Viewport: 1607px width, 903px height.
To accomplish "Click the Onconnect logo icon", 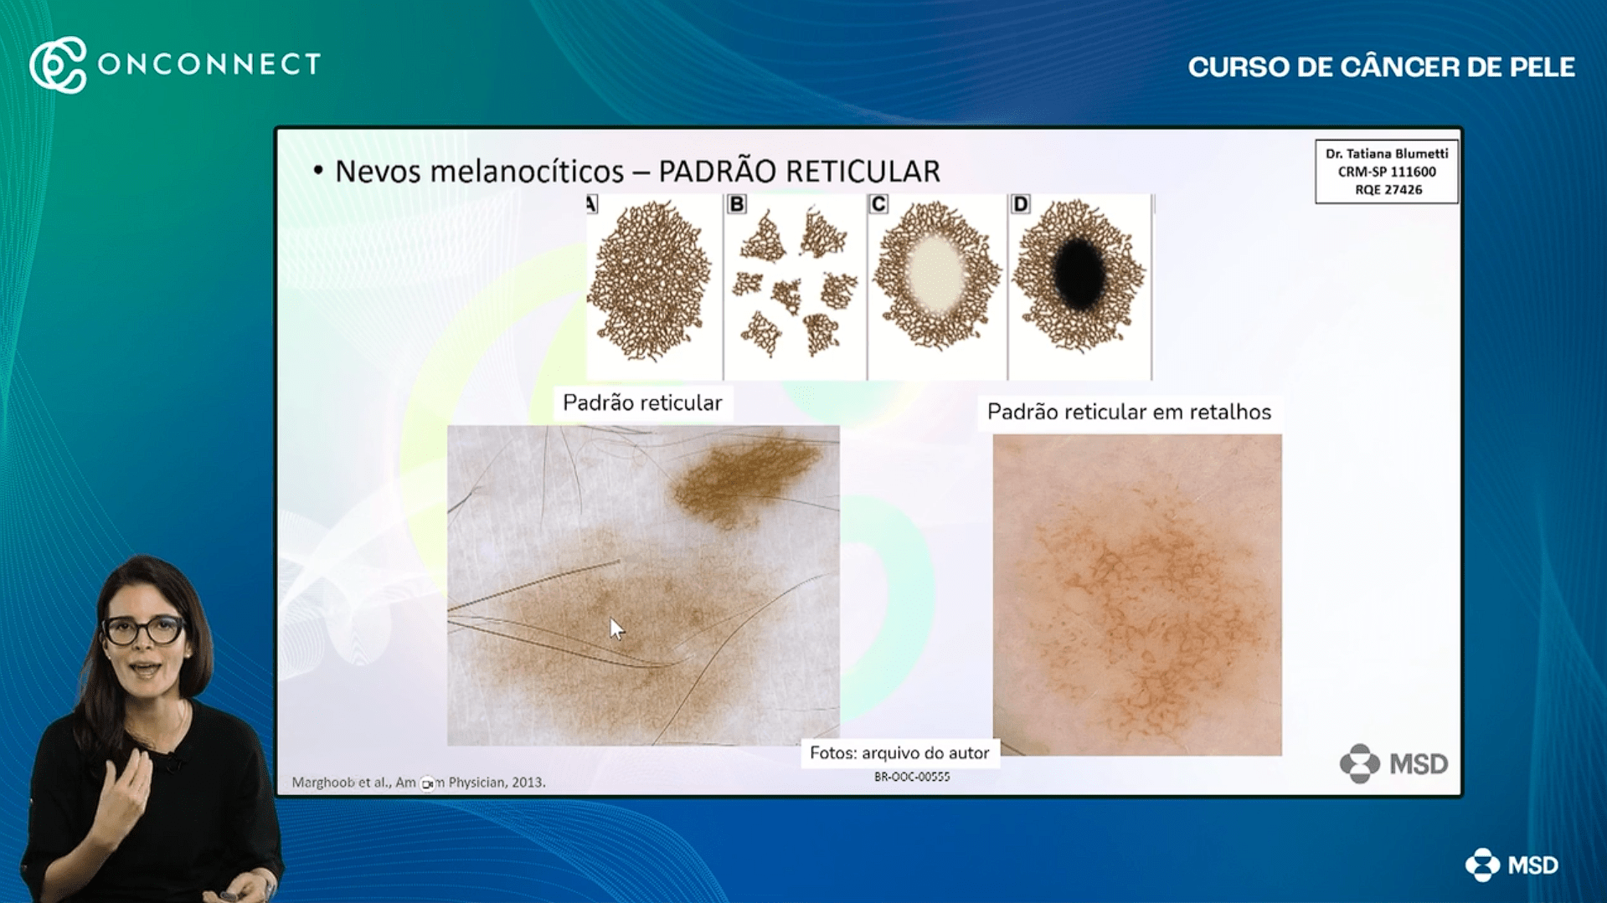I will point(58,64).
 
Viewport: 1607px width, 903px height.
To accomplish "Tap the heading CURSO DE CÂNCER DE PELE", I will point(1381,67).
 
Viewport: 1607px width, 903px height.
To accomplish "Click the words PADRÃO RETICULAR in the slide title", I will point(799,172).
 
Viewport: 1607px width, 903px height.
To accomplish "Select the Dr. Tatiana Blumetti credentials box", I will point(1386,172).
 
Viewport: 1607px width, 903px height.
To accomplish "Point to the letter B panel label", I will point(736,204).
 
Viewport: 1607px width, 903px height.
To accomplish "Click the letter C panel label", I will point(878,204).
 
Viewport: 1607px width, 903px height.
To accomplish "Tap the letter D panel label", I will point(1020,204).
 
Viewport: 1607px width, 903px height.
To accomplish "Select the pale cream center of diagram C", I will point(935,273).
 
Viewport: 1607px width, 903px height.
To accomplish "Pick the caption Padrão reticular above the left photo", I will point(642,403).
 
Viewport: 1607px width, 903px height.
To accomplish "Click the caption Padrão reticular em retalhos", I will point(1129,413).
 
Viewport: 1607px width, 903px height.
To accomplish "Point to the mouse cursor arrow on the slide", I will point(616,629).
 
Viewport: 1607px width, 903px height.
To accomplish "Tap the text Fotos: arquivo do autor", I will point(899,753).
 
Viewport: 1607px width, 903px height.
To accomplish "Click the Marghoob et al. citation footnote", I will point(418,782).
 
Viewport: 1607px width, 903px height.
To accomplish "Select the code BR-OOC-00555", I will point(912,777).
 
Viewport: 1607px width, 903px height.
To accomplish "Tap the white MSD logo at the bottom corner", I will point(1512,865).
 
